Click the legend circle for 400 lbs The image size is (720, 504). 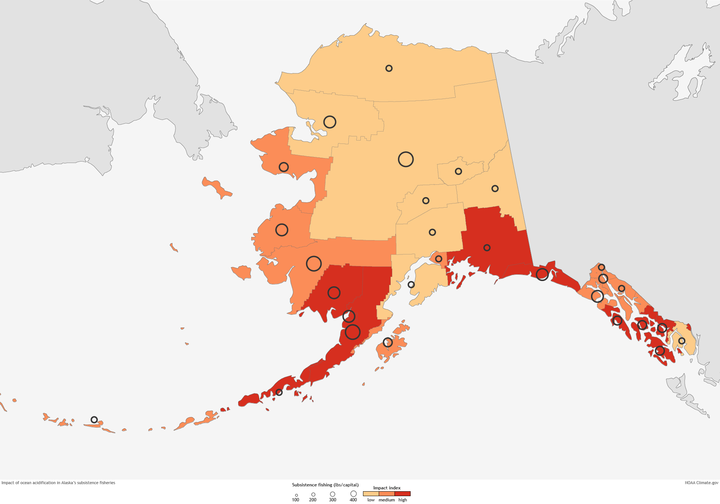pyautogui.click(x=353, y=494)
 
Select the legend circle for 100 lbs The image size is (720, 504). pyautogui.click(x=296, y=495)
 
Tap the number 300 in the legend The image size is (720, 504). pyautogui.click(x=333, y=500)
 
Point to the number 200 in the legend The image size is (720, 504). pyautogui.click(x=313, y=500)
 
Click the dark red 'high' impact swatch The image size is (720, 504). pyautogui.click(x=403, y=494)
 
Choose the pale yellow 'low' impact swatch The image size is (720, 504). pyautogui.click(x=371, y=494)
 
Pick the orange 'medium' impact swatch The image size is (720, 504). pyautogui.click(x=387, y=494)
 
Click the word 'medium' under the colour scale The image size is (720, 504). pyautogui.click(x=387, y=500)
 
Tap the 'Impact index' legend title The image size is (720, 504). pyautogui.click(x=387, y=488)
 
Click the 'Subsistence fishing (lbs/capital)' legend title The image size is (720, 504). pyautogui.click(x=325, y=485)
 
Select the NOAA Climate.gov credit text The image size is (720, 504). pyautogui.click(x=701, y=483)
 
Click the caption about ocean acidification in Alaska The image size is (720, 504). pyautogui.click(x=58, y=483)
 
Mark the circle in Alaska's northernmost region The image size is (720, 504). pyautogui.click(x=389, y=68)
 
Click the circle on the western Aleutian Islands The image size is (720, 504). pyautogui.click(x=94, y=420)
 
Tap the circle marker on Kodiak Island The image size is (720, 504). pyautogui.click(x=388, y=342)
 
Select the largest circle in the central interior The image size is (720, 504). pyautogui.click(x=406, y=159)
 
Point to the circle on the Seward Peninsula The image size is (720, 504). pyautogui.click(x=284, y=167)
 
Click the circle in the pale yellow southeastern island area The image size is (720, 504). pyautogui.click(x=682, y=341)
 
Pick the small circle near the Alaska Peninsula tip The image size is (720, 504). pyautogui.click(x=279, y=392)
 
